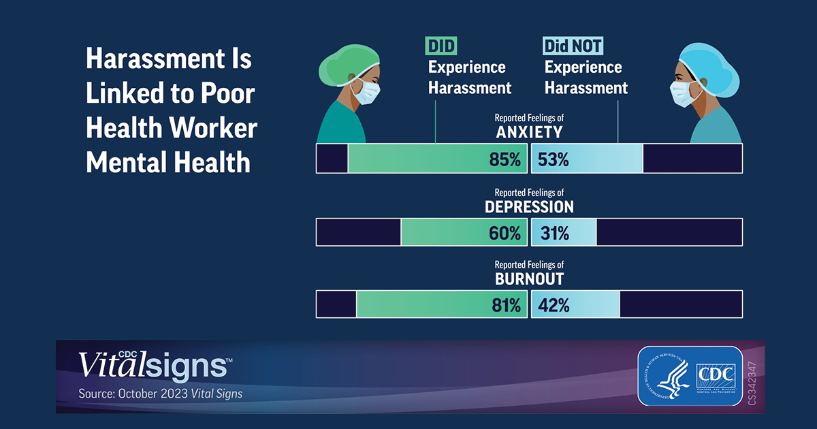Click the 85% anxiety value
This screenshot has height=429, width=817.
tap(504, 160)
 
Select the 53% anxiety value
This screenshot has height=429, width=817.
tap(553, 160)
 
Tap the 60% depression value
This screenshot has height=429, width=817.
tap(504, 233)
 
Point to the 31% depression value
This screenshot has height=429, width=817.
tap(553, 233)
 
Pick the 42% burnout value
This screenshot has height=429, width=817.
tap(554, 306)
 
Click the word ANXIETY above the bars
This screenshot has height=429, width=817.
tap(529, 132)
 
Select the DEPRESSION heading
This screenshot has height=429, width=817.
tap(529, 206)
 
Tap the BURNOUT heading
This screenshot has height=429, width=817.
tap(529, 279)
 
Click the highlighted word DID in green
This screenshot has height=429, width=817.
tap(441, 46)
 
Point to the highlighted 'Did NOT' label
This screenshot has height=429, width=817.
tap(573, 46)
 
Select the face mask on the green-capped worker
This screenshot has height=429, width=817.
tap(365, 92)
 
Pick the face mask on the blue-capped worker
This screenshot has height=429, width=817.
tap(683, 93)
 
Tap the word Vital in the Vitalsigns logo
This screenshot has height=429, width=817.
tap(108, 366)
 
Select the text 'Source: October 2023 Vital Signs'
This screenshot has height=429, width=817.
tap(160, 394)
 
